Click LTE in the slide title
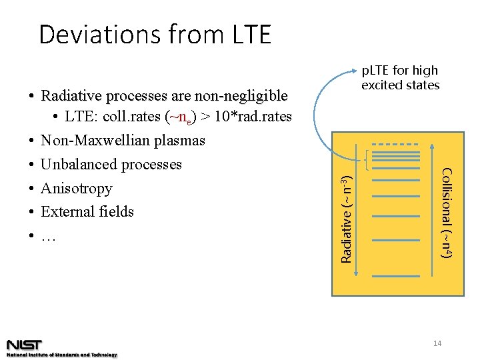(246, 34)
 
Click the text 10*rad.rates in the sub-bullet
(251, 117)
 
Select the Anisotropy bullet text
(76, 189)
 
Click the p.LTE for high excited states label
(400, 77)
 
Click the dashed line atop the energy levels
(395, 145)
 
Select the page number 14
(438, 343)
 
